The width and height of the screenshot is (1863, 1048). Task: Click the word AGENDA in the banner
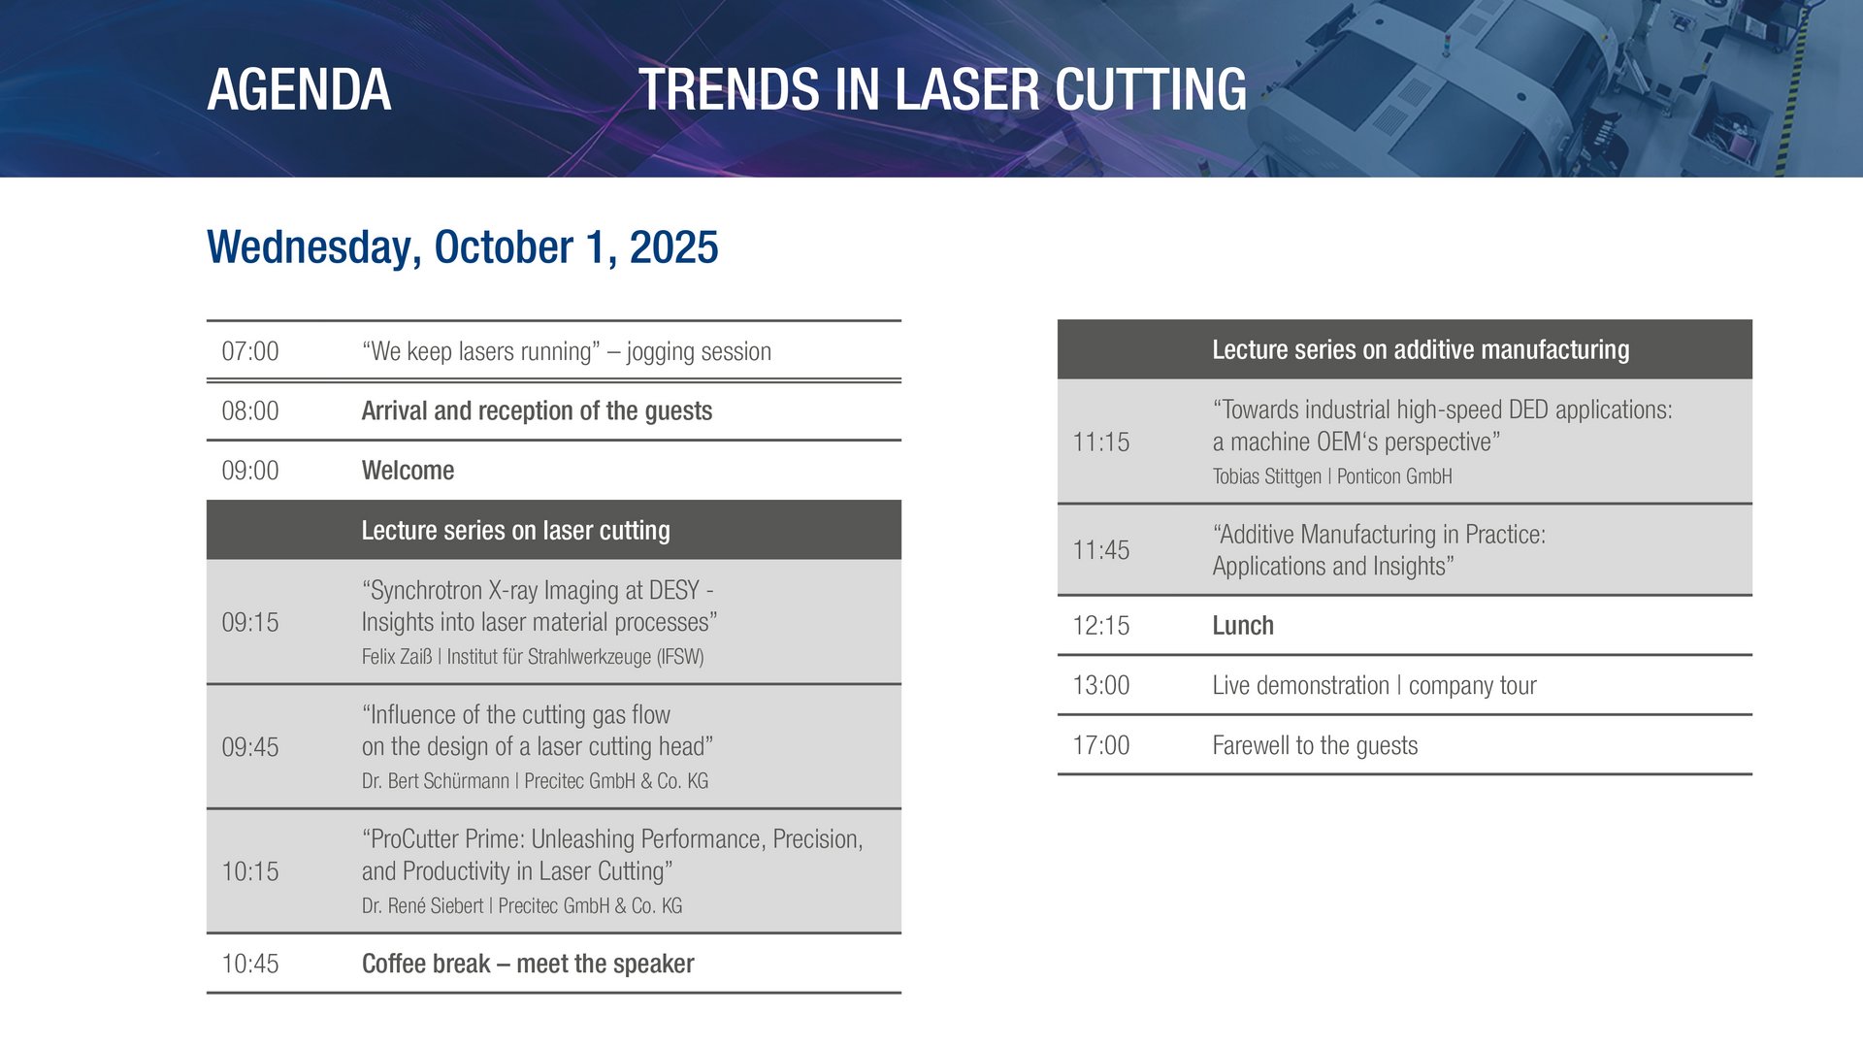tap(299, 89)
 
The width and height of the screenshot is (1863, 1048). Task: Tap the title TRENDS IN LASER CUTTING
tap(942, 89)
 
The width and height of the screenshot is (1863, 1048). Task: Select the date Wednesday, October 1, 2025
tap(462, 247)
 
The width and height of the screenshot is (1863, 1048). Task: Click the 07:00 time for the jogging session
tap(250, 351)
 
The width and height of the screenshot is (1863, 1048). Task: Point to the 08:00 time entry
tap(250, 410)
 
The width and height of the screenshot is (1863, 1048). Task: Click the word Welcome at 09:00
tap(408, 471)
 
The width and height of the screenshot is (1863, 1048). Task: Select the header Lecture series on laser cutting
tap(515, 531)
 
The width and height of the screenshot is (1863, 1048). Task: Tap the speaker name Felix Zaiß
tap(397, 657)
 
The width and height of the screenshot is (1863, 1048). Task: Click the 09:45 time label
tap(250, 747)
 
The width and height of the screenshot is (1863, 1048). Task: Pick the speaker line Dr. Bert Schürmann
tap(435, 781)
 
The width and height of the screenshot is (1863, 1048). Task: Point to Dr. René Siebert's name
tap(422, 905)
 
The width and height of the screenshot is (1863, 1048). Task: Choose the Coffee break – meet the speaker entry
tap(528, 964)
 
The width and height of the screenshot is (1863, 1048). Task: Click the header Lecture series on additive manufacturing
tap(1421, 349)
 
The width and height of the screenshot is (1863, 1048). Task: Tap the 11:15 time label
tap(1101, 442)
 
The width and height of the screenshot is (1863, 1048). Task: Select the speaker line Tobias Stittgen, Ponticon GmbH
tap(1332, 476)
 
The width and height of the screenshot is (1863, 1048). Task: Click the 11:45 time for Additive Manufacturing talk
tap(1101, 550)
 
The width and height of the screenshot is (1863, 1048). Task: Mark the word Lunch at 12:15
tap(1243, 626)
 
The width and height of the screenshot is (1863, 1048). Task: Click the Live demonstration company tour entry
tap(1374, 686)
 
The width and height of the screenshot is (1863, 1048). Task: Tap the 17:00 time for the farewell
tap(1101, 745)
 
